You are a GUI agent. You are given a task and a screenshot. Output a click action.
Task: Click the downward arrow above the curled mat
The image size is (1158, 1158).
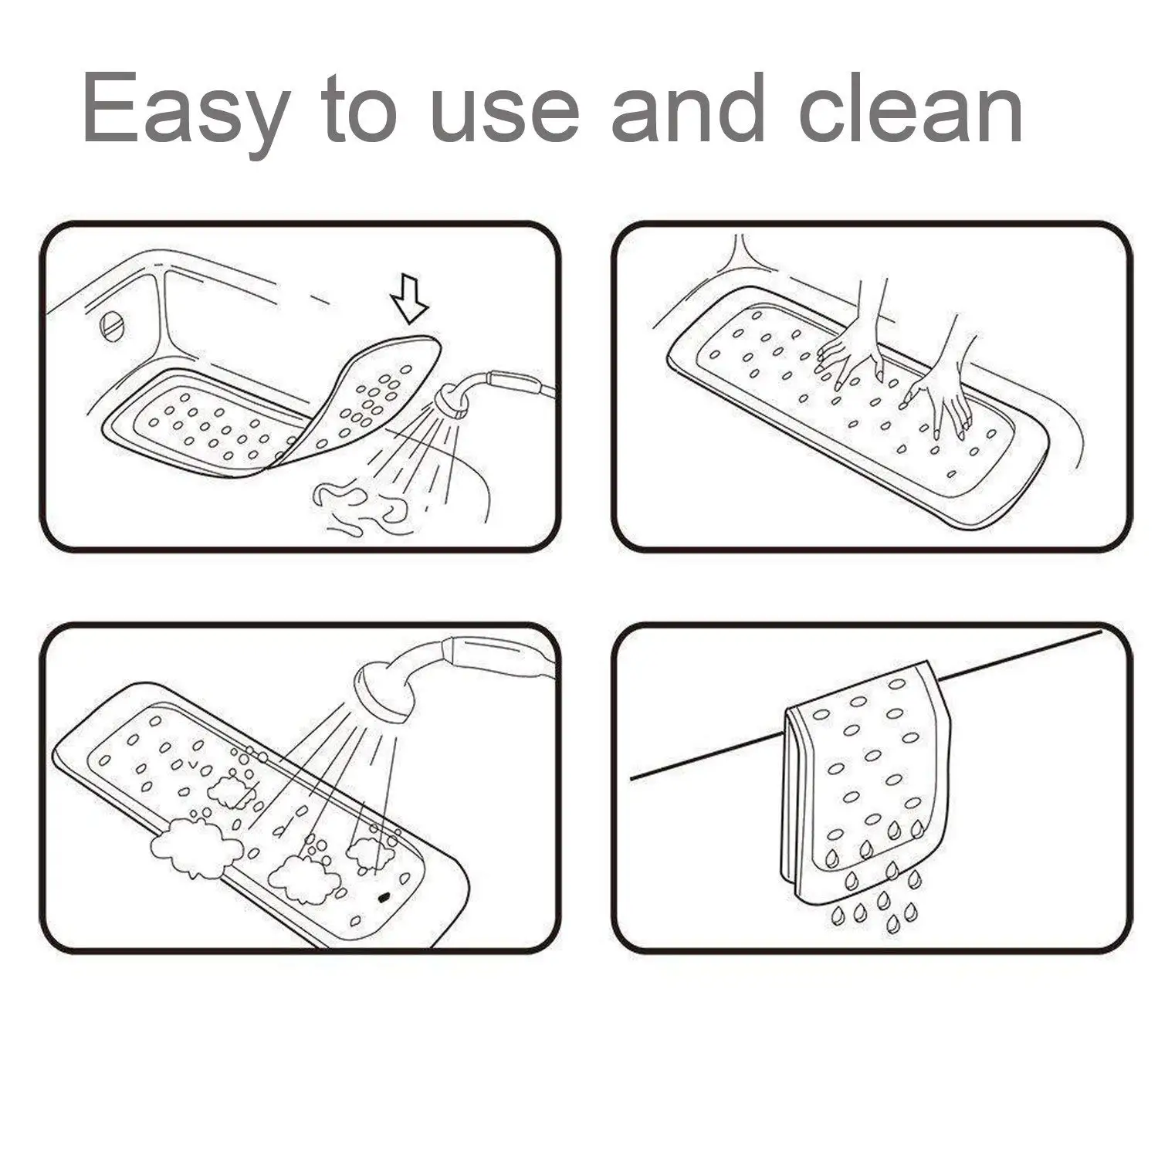point(409,302)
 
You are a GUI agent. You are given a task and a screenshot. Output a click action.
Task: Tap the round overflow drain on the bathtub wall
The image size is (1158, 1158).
point(113,325)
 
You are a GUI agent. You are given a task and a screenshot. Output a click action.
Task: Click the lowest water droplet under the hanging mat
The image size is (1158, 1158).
point(893,924)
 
